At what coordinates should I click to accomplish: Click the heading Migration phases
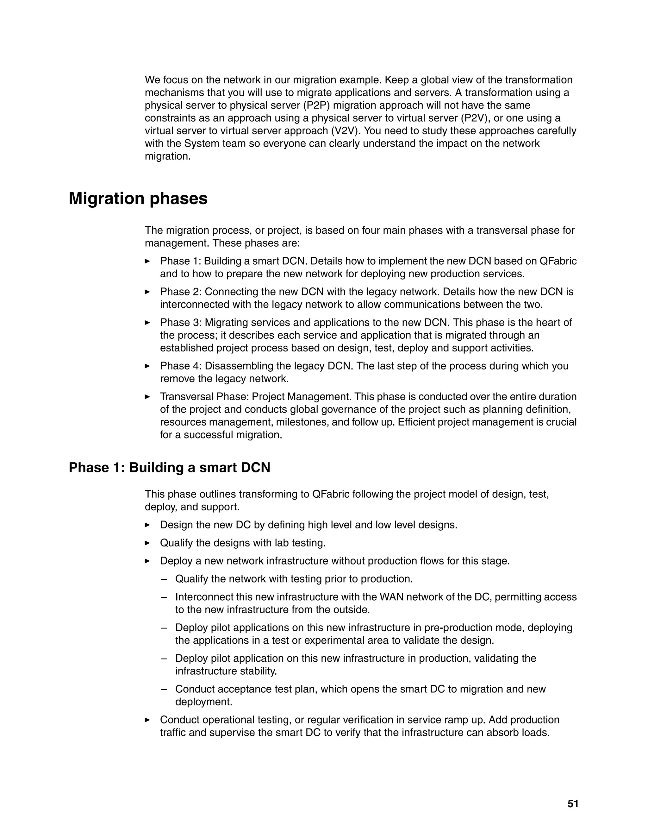pos(138,199)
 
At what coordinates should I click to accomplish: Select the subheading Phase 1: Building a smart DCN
pos(169,468)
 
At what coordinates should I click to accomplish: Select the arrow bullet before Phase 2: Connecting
pos(147,292)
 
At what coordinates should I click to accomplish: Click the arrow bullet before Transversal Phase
pos(147,397)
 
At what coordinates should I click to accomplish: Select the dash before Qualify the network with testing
pos(164,579)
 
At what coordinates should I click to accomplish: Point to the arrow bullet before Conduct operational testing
pos(147,720)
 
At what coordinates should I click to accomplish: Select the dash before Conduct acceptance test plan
pos(164,689)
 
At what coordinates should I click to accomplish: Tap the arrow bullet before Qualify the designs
pos(147,543)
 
